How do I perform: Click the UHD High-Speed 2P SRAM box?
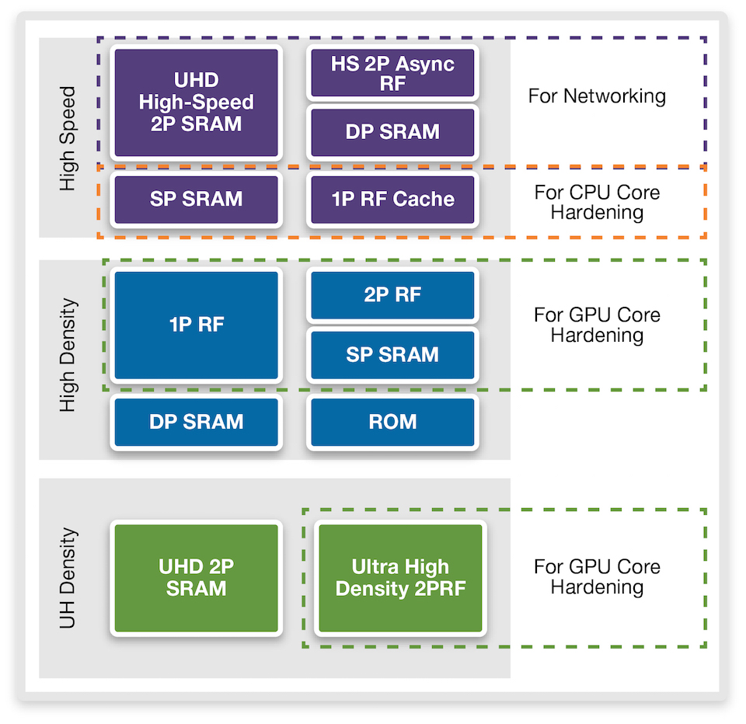click(x=196, y=103)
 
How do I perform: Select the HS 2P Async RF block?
click(x=392, y=73)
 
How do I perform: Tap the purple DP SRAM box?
click(x=392, y=132)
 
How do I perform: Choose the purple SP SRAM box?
click(x=196, y=200)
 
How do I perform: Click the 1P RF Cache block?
click(x=392, y=200)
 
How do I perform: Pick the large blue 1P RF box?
click(x=196, y=325)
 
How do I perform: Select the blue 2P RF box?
click(x=392, y=295)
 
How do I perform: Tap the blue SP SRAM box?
click(x=392, y=355)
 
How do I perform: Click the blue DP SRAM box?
click(x=196, y=422)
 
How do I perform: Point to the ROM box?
click(x=392, y=422)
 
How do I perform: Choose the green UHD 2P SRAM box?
click(x=196, y=578)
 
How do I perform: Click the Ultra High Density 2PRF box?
click(x=400, y=578)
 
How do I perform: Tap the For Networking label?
click(x=597, y=96)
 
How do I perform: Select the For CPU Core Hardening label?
click(x=597, y=202)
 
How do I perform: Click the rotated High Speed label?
click(x=68, y=138)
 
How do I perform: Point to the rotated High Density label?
click(x=68, y=355)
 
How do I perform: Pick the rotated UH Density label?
click(x=68, y=577)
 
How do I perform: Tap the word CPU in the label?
click(x=581, y=193)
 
